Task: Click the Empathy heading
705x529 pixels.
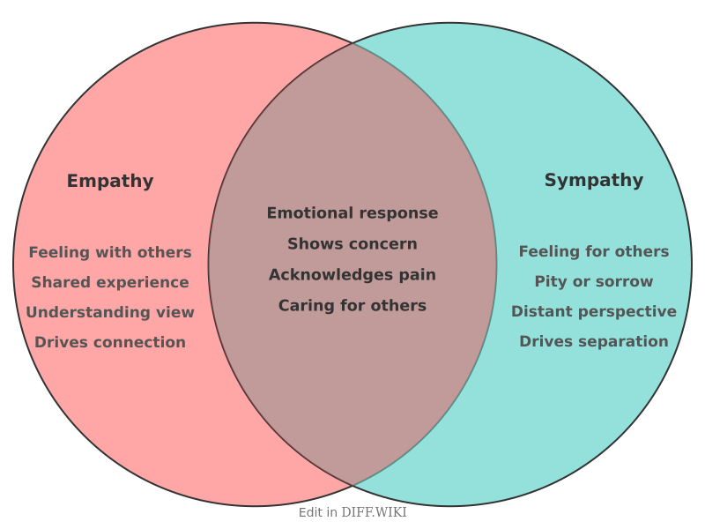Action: [110, 182]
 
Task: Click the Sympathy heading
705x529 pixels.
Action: [593, 181]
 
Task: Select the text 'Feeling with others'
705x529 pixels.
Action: [110, 252]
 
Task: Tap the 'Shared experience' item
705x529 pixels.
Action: [110, 282]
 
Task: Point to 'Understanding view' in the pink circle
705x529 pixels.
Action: [110, 312]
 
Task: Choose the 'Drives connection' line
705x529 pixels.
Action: [110, 342]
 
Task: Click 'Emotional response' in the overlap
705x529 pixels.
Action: [352, 213]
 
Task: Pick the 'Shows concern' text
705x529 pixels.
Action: [352, 244]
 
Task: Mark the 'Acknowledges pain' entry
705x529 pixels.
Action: [352, 275]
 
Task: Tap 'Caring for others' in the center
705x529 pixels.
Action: [352, 306]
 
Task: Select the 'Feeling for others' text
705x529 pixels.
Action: [593, 251]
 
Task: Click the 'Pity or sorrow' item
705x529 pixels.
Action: [593, 282]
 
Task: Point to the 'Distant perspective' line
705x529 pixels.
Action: [593, 311]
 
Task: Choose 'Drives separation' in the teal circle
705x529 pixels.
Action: [593, 341]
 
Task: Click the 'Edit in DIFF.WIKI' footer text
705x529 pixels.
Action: [352, 512]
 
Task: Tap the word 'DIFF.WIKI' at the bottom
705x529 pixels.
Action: [374, 512]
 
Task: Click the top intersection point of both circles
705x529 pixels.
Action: [352, 42]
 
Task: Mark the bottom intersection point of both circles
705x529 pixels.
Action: [352, 486]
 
